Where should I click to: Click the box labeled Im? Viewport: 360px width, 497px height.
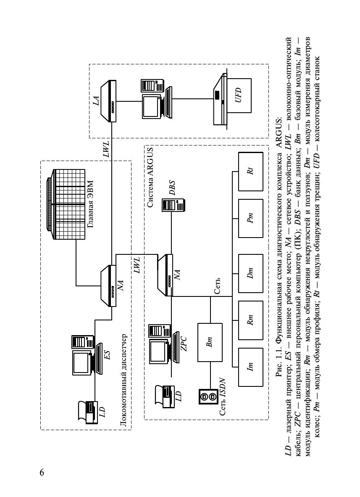tap(250, 367)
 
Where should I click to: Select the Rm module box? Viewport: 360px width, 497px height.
tap(250, 320)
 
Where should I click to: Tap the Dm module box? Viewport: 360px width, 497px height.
tap(250, 273)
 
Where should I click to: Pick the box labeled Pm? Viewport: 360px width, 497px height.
tap(250, 219)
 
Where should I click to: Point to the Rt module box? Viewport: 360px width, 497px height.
tap(250, 171)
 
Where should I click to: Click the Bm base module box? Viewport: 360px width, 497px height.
tap(210, 342)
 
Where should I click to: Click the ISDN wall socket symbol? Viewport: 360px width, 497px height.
tap(208, 396)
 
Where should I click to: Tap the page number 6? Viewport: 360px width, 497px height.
tap(42, 472)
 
